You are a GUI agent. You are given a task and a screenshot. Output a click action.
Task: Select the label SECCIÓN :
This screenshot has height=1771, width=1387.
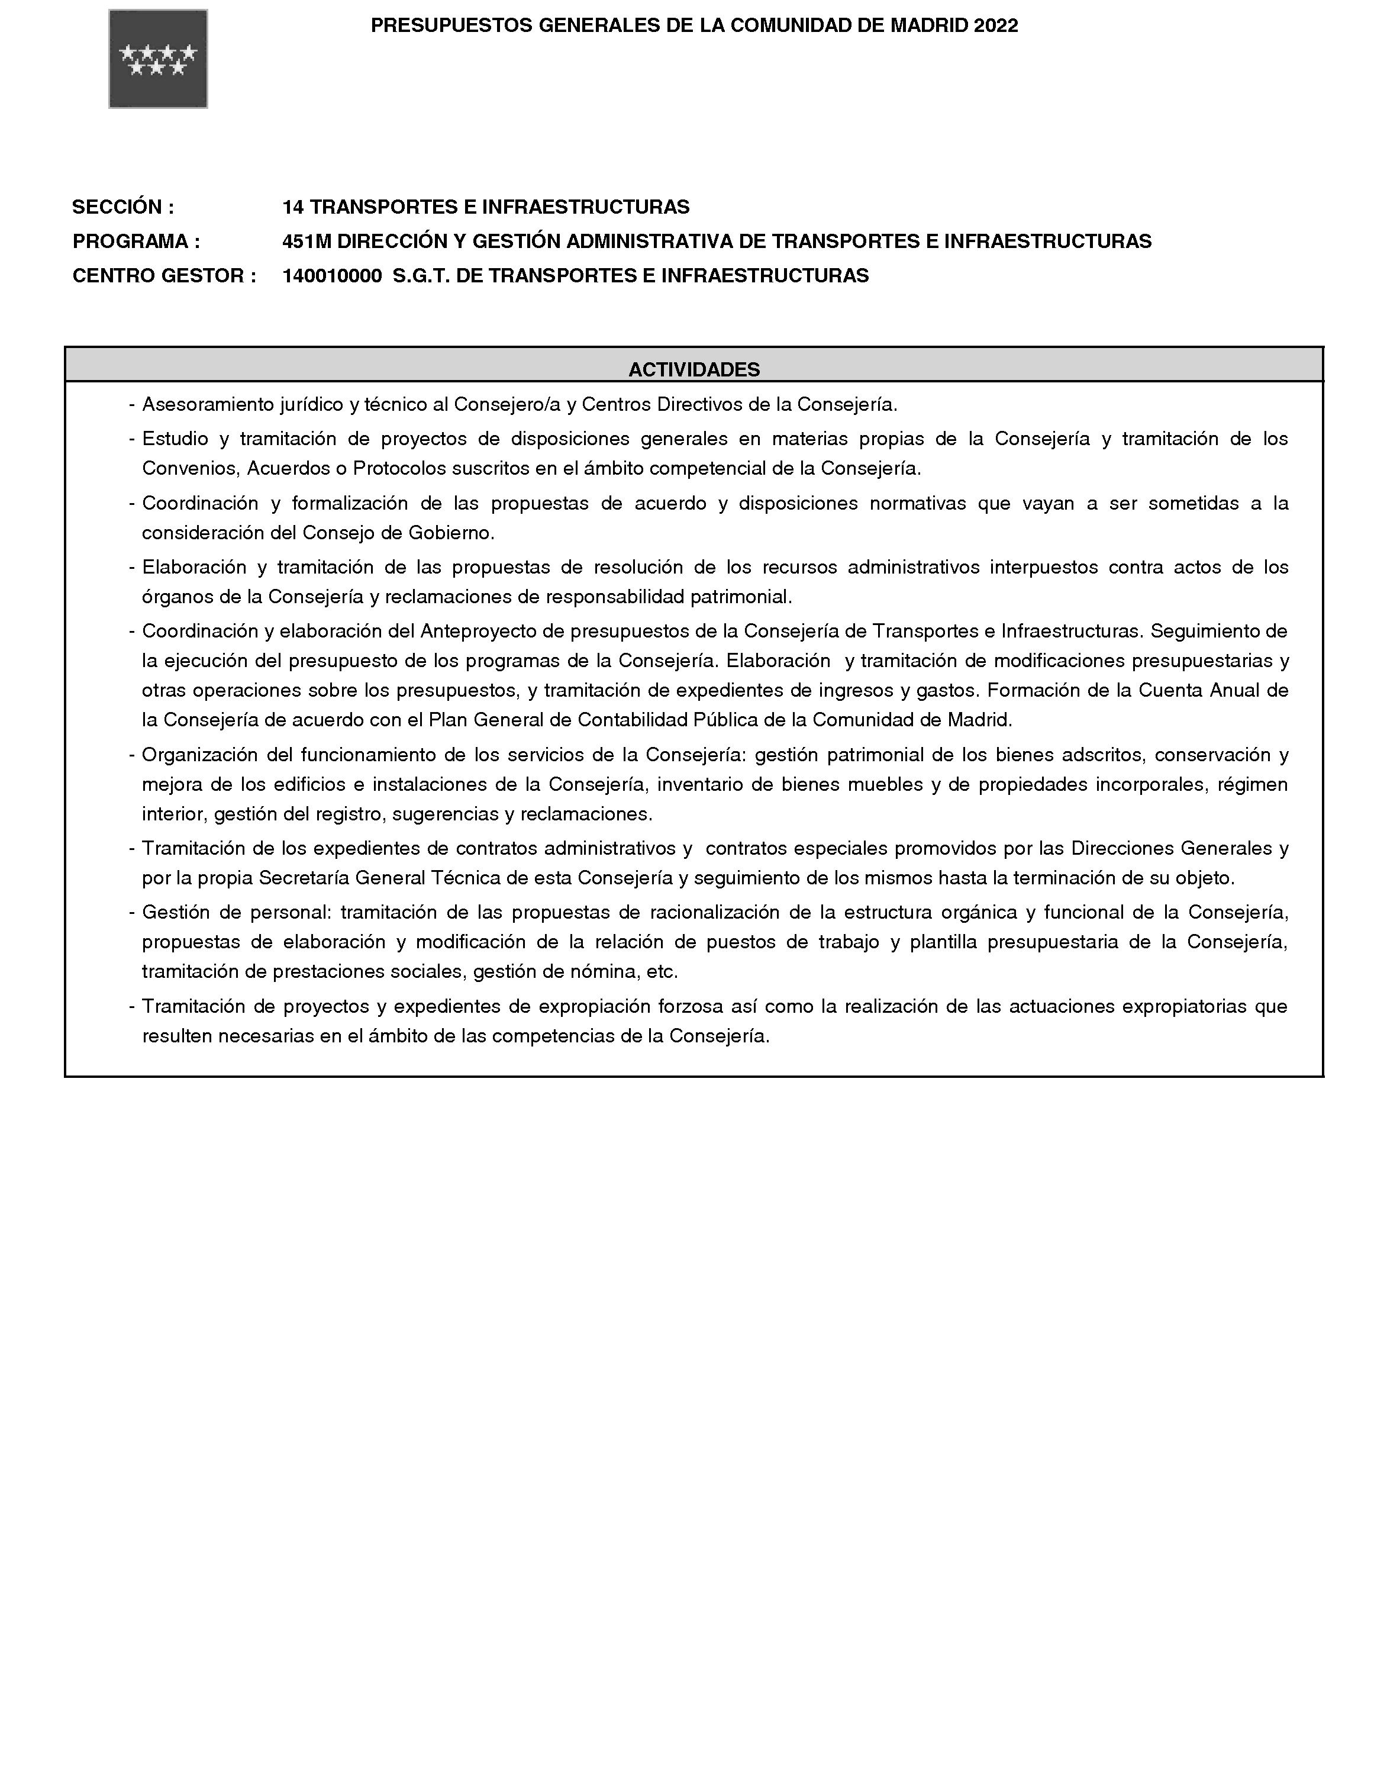point(122,207)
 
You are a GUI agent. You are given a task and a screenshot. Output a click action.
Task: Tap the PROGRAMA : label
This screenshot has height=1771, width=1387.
point(136,241)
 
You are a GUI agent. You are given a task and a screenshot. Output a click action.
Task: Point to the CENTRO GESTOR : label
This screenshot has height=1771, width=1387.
point(164,276)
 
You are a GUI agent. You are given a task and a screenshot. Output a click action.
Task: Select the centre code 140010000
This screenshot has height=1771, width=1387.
point(331,276)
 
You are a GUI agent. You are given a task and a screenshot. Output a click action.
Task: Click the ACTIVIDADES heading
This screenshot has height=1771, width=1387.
point(693,369)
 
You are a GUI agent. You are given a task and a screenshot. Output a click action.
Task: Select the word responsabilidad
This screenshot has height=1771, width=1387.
point(615,597)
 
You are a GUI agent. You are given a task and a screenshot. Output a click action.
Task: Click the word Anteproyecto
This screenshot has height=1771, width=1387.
point(477,631)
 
